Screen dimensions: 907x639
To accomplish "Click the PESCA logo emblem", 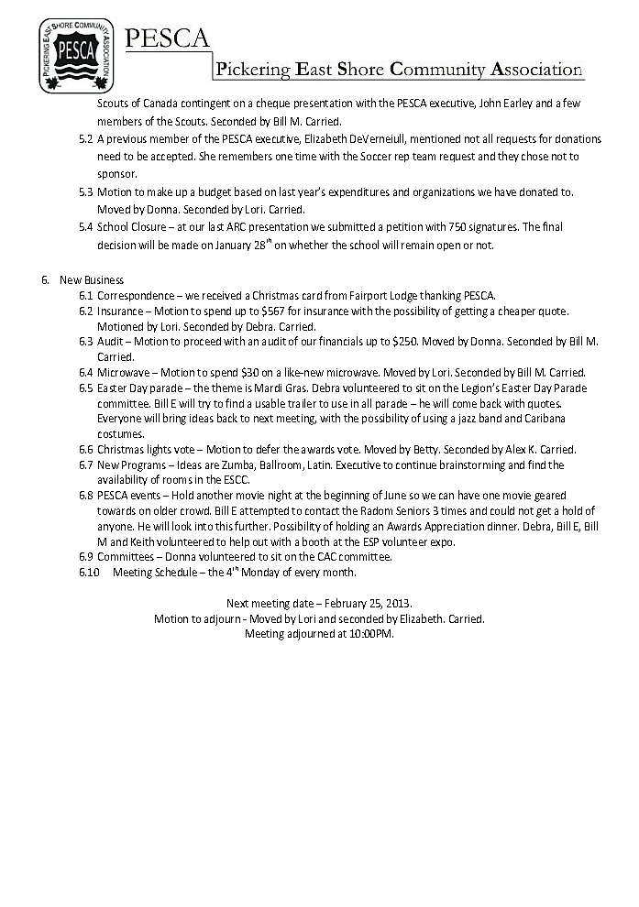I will click(75, 54).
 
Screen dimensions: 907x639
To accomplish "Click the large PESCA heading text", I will click(167, 38).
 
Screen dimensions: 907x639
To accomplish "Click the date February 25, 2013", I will click(365, 604).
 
